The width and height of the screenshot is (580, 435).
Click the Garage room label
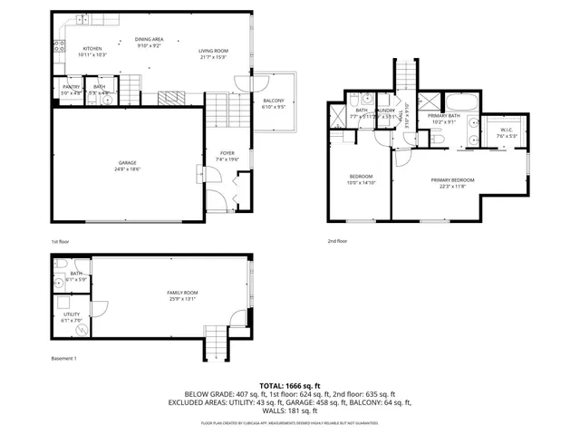tap(126, 163)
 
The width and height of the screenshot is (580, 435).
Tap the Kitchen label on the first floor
tap(92, 49)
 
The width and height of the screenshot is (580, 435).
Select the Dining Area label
tap(150, 39)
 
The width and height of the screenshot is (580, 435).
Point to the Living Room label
tap(214, 51)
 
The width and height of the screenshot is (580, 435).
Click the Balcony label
tap(274, 100)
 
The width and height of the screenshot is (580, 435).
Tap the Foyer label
tap(227, 153)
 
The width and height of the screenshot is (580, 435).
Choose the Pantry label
tap(71, 87)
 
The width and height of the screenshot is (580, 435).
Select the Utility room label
tap(71, 314)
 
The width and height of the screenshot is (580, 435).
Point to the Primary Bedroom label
tap(452, 180)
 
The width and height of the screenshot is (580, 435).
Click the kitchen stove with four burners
tap(59, 48)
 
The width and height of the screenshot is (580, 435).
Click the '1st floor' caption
tap(60, 242)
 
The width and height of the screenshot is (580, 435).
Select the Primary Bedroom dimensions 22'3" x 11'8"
tap(452, 187)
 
